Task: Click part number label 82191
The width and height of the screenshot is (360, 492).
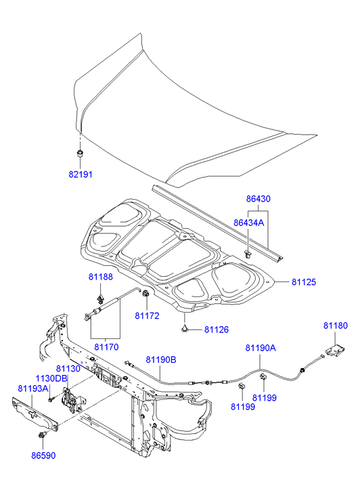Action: pos(81,174)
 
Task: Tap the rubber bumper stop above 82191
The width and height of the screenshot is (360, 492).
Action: pos(80,154)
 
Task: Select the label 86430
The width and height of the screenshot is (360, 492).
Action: pos(258,198)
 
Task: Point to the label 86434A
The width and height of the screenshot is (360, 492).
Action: pos(249,223)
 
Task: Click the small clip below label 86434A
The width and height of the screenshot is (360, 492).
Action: pos(248,254)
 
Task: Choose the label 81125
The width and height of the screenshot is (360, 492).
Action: pos(304,282)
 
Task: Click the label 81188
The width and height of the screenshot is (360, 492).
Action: pos(100,277)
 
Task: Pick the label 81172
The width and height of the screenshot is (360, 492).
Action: pos(148,315)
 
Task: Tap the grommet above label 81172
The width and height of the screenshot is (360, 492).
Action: pos(146,294)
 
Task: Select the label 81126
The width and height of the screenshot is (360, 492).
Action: pos(217,330)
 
